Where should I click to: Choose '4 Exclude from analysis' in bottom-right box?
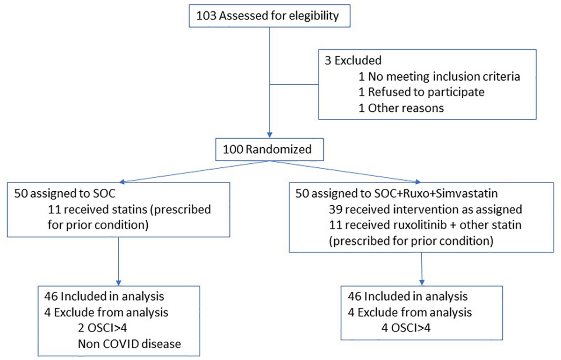tap(410, 312)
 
